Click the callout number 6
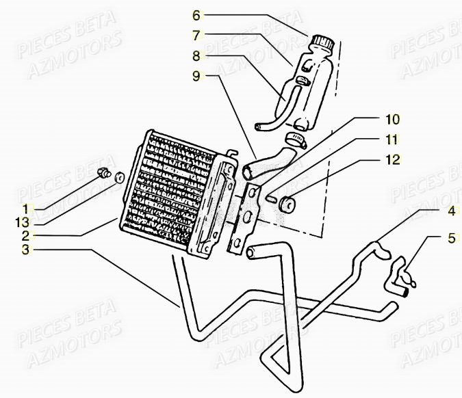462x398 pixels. click(196, 14)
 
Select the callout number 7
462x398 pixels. click(196, 34)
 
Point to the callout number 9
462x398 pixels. click(196, 77)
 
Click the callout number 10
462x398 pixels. click(392, 119)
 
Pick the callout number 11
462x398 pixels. click(392, 140)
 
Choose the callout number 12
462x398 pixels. click(392, 161)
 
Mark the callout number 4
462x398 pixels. click(450, 211)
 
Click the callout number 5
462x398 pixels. click(450, 239)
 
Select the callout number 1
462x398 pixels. click(25, 208)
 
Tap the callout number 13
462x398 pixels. click(25, 221)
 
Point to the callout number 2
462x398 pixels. click(25, 235)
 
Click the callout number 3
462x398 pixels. click(25, 250)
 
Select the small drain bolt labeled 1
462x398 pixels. click(105, 172)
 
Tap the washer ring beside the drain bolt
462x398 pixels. click(120, 178)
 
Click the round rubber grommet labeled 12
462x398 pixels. click(288, 203)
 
